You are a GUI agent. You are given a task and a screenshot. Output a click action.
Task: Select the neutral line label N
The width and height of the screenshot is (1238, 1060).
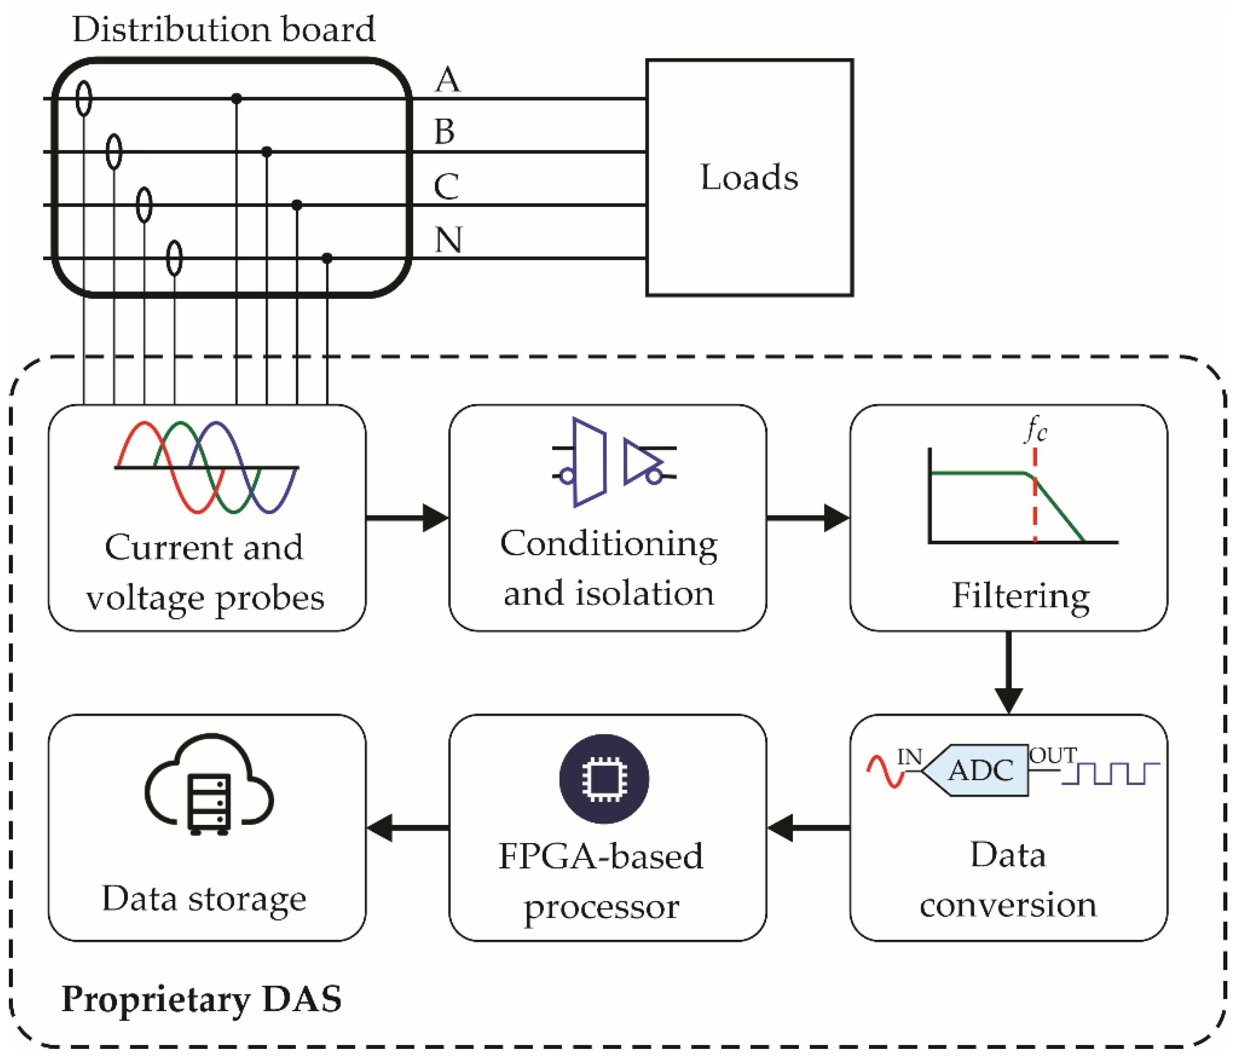pyautogui.click(x=448, y=240)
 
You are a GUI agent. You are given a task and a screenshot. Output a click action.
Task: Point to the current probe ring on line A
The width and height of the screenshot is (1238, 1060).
pyautogui.click(x=84, y=98)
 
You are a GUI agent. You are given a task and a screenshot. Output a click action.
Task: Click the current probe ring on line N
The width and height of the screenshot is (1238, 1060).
pyautogui.click(x=174, y=258)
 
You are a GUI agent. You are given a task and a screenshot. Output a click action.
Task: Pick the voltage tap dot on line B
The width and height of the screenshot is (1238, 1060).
pyautogui.click(x=267, y=152)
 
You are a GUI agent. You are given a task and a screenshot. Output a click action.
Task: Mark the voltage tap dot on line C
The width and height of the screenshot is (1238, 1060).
pyautogui.click(x=297, y=205)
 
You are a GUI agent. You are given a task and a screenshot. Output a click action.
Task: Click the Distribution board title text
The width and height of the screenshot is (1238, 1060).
pyautogui.click(x=223, y=29)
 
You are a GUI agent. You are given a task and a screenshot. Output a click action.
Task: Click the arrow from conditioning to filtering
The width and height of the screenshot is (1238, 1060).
pyautogui.click(x=808, y=518)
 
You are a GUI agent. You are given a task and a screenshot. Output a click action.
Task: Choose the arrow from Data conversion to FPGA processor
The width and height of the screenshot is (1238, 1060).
pyautogui.click(x=808, y=828)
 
